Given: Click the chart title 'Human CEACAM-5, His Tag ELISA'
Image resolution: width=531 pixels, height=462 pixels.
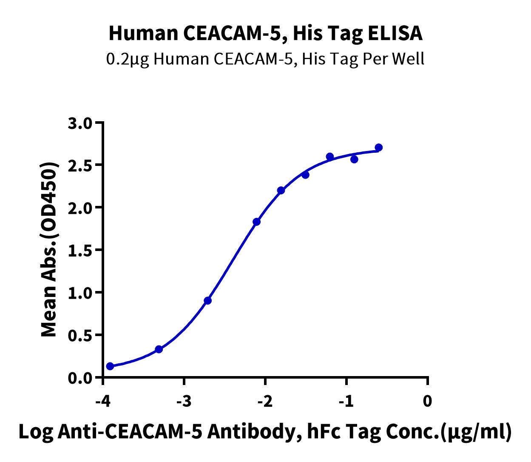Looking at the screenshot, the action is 265,34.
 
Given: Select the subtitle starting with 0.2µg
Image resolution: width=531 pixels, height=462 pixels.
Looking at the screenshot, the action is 265,59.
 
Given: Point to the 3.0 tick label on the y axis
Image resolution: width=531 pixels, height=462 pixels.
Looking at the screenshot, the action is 80,124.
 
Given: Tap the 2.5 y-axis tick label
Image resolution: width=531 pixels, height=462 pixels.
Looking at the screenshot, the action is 80,165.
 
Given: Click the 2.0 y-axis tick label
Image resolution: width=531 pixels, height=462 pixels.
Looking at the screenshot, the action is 80,208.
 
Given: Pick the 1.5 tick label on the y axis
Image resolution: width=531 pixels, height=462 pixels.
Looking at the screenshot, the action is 80,251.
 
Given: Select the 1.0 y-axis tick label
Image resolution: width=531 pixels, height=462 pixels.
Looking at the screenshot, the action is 80,293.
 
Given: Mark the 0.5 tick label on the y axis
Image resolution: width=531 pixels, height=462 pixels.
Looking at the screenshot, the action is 80,336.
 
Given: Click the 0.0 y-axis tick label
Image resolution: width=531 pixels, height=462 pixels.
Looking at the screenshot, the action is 80,378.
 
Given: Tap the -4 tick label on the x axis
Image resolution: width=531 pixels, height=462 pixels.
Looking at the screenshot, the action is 103,401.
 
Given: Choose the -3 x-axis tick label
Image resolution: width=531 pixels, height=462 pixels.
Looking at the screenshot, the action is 184,401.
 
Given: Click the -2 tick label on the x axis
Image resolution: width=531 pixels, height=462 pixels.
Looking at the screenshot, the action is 265,401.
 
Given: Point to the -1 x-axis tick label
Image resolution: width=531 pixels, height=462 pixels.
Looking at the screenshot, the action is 346,401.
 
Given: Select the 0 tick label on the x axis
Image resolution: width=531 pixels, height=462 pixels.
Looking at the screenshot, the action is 427,401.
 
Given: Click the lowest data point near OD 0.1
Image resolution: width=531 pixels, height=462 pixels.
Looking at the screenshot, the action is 110,366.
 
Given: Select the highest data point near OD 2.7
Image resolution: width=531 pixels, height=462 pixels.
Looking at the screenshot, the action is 379,148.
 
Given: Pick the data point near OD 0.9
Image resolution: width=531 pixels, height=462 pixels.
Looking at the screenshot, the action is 207,301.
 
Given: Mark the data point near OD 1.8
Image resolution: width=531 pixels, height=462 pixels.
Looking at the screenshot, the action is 256,222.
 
